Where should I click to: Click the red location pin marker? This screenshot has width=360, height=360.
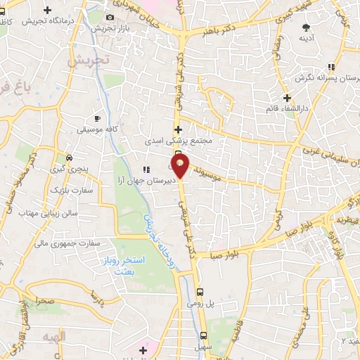pos(180,166)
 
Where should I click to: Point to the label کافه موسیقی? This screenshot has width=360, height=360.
pos(98,130)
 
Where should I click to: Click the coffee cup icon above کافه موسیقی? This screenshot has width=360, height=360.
pos(98,119)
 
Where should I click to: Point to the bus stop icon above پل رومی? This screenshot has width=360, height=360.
pos(200,291)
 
